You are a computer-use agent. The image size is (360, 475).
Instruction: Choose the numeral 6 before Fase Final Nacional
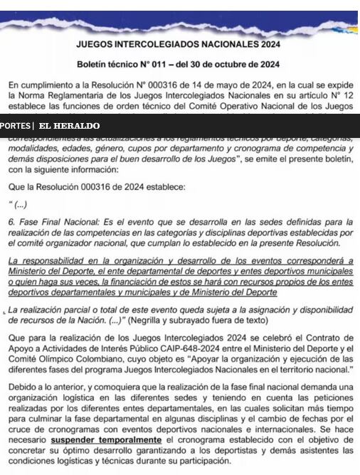coord(11,222)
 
